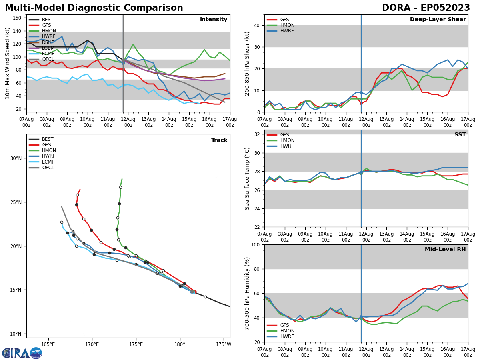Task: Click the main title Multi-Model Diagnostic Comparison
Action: tap(94, 8)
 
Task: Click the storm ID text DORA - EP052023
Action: tap(426, 8)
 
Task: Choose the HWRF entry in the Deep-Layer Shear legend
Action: tap(287, 31)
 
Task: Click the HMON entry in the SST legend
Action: tap(287, 140)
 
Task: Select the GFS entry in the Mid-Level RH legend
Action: tap(284, 325)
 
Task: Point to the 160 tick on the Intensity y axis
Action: tap(18, 18)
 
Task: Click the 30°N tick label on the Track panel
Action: tap(16, 158)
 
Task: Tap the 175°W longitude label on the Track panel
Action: tap(224, 344)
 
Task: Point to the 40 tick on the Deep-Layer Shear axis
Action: tap(256, 25)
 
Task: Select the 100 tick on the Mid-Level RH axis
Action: tap(254, 244)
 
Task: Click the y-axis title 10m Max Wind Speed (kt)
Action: tap(8, 63)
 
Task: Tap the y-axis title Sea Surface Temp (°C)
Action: tap(247, 178)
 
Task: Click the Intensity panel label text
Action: tap(214, 20)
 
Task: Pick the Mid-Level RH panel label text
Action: tap(445, 250)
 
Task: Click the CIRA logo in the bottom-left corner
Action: tap(22, 353)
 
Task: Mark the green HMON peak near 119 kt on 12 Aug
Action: tap(133, 44)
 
